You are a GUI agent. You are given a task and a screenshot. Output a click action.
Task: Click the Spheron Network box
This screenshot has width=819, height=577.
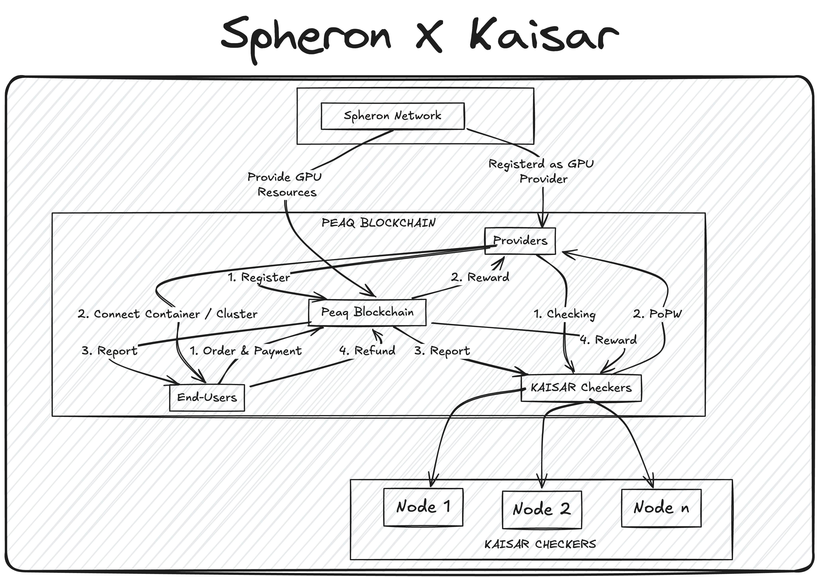click(x=392, y=116)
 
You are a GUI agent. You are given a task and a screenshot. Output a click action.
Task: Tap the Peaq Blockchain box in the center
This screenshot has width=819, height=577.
click(x=367, y=312)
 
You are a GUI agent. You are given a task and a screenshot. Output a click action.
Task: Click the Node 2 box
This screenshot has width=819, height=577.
click(x=542, y=509)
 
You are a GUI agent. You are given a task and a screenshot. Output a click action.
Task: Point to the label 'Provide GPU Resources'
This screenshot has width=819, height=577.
click(x=285, y=184)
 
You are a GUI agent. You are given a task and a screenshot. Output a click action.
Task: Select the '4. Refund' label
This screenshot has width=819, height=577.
click(x=367, y=351)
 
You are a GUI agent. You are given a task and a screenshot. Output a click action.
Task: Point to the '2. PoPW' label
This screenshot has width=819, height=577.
click(x=657, y=314)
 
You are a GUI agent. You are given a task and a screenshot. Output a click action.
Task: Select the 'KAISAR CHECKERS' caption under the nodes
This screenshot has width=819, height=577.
click(x=540, y=544)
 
